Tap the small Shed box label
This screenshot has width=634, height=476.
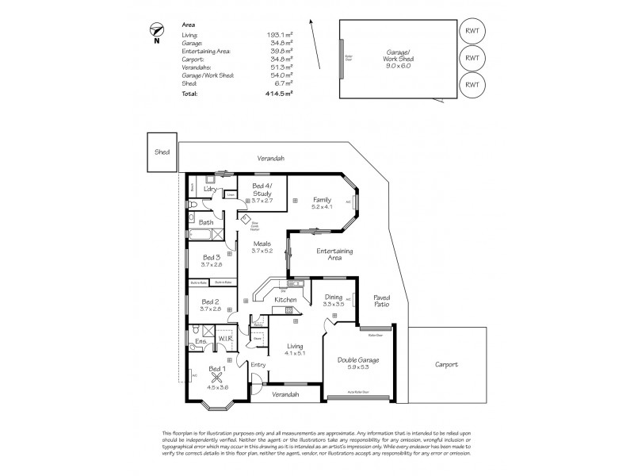click(161, 152)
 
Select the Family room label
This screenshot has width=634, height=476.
click(321, 203)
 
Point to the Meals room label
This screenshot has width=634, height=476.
click(262, 247)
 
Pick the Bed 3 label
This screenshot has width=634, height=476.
click(211, 261)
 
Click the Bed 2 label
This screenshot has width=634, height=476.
click(211, 305)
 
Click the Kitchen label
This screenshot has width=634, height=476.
click(285, 300)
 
